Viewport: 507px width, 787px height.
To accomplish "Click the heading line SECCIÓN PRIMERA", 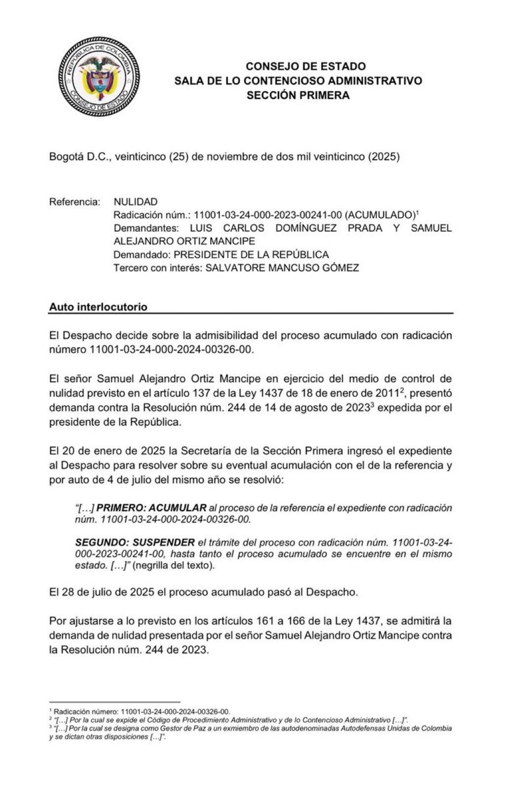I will pos(298,96).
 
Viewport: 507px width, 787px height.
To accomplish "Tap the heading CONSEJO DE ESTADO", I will pos(305,67).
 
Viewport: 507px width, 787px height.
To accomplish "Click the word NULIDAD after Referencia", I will pos(136,202).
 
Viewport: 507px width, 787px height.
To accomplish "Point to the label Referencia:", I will pos(74,202).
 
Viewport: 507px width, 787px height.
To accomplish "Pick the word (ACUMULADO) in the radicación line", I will pos(379,215).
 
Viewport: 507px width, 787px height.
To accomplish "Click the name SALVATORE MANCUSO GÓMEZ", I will pos(282,268).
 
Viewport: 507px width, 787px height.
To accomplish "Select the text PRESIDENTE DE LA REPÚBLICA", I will pos(252,255).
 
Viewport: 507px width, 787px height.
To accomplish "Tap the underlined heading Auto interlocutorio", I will pos(98,307).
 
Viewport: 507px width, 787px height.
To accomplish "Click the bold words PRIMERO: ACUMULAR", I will pos(152,508).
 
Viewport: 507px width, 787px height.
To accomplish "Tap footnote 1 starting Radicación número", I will pos(142,712).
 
